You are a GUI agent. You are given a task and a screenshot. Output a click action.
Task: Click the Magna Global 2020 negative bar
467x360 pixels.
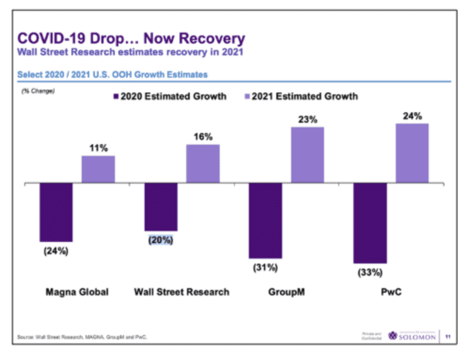pyautogui.click(x=56, y=212)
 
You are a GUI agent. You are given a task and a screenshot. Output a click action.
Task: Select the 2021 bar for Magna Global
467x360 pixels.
pyautogui.click(x=98, y=170)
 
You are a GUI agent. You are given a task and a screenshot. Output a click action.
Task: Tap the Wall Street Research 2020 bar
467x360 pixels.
pyautogui.click(x=161, y=207)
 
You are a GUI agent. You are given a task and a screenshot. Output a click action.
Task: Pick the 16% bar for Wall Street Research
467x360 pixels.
pyautogui.click(x=203, y=164)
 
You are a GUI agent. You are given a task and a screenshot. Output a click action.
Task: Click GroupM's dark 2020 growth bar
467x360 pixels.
pyautogui.click(x=265, y=221)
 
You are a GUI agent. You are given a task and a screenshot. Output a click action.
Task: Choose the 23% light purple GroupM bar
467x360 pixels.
pyautogui.click(x=308, y=155)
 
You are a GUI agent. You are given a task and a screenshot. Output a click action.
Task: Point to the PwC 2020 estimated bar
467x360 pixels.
pyautogui.click(x=369, y=223)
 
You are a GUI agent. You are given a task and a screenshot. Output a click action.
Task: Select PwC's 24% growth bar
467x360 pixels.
pyautogui.click(x=412, y=153)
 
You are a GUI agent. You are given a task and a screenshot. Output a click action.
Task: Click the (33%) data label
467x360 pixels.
pyautogui.click(x=369, y=272)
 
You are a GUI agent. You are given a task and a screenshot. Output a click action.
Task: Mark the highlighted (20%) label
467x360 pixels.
pyautogui.click(x=161, y=241)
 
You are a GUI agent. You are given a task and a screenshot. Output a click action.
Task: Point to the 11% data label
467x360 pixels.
pyautogui.click(x=98, y=148)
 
